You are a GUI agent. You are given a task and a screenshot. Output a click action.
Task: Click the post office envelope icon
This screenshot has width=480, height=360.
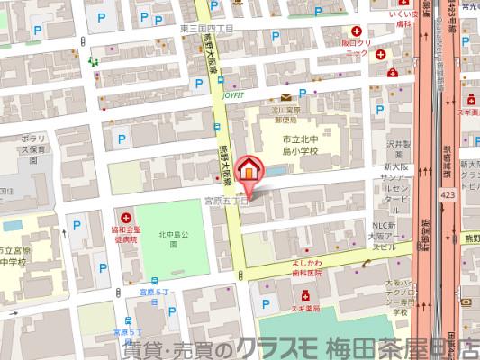(285, 96)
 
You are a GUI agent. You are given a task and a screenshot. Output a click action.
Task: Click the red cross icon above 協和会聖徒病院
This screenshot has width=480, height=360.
(123, 215)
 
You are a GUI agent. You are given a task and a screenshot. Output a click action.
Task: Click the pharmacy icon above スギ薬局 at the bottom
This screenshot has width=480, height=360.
(306, 293)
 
